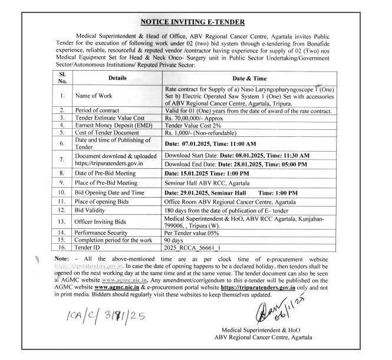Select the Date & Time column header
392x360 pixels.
[249, 77]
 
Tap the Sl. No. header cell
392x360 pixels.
[62, 77]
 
